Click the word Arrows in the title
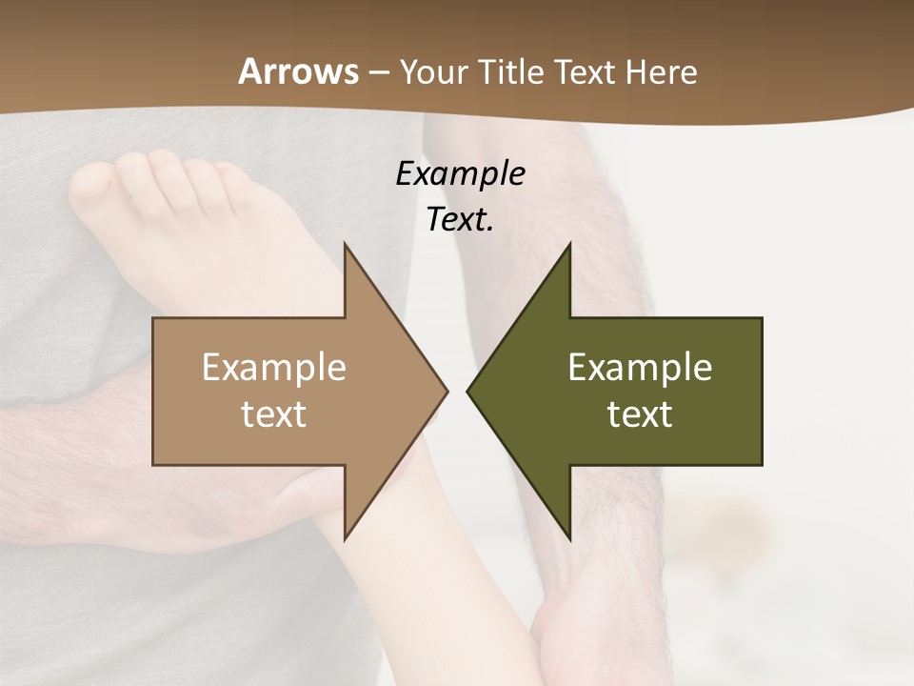(298, 71)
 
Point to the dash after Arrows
(379, 73)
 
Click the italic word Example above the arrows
(460, 173)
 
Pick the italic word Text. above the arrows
(460, 219)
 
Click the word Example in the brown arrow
(274, 367)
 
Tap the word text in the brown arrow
(274, 414)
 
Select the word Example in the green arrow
(640, 367)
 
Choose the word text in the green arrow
(640, 414)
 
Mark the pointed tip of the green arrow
(468, 391)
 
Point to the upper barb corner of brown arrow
(345, 245)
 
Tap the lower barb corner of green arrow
(569, 538)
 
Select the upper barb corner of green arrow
(569, 245)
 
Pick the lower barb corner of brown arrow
(345, 538)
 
